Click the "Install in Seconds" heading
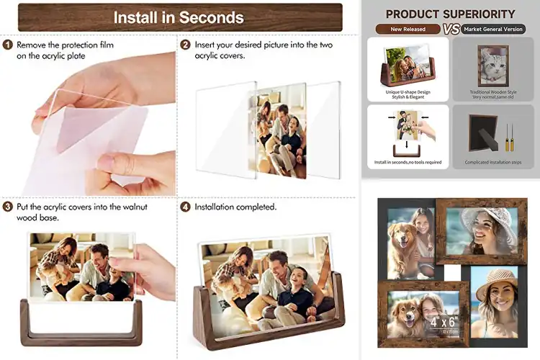pyautogui.click(x=179, y=17)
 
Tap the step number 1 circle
pyautogui.click(x=7, y=45)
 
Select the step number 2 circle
pyautogui.click(x=186, y=45)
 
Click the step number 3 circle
pyautogui.click(x=7, y=207)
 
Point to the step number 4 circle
pyautogui.click(x=186, y=207)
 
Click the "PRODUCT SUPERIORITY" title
pyautogui.click(x=451, y=14)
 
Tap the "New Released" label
pyautogui.click(x=408, y=30)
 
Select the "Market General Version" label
pyautogui.click(x=493, y=30)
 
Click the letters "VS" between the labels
pyautogui.click(x=451, y=30)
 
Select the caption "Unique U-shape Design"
pyautogui.click(x=408, y=91)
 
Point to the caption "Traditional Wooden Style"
pyautogui.click(x=493, y=91)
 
